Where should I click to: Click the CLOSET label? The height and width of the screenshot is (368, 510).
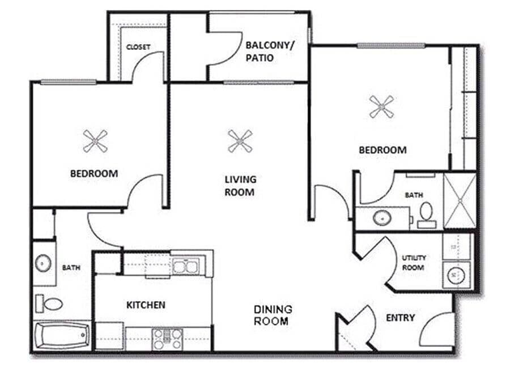tap(138, 47)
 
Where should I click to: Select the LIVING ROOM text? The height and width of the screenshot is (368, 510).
tap(240, 186)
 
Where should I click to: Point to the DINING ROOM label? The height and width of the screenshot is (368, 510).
tap(273, 315)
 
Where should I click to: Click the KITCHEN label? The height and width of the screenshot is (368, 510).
tap(146, 305)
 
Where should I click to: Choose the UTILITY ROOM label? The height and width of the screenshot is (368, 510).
tap(414, 262)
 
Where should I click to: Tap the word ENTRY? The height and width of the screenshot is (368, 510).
tap(400, 318)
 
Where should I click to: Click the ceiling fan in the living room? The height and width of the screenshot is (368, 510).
tap(240, 141)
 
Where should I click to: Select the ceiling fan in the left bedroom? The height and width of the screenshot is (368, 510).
tap(95, 141)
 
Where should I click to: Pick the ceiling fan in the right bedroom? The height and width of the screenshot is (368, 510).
tap(381, 106)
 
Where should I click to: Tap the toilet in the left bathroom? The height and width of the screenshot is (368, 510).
tap(50, 303)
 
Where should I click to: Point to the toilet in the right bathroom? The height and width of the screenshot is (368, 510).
tap(426, 213)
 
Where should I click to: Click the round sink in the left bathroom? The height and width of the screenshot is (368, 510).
tap(43, 263)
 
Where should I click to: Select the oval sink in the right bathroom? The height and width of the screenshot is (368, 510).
tap(380, 218)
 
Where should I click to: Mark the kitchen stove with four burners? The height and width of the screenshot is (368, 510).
tap(167, 339)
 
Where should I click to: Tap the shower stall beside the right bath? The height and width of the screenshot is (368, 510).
tap(459, 200)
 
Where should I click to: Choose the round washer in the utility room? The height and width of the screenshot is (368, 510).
tap(455, 275)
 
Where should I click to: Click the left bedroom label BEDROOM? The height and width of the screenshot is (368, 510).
tap(94, 173)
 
